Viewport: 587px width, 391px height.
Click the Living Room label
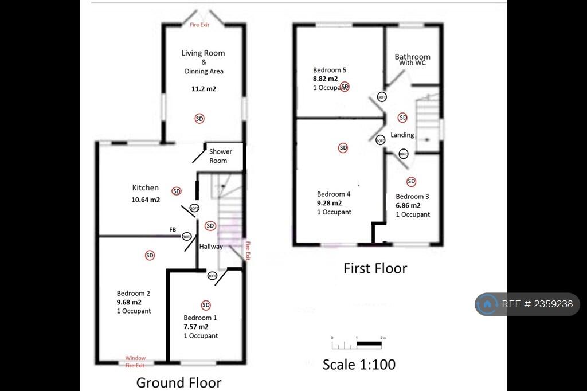pos(203,53)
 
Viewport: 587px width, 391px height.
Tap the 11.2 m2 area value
pos(203,89)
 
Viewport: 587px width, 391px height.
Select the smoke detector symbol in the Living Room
pos(199,119)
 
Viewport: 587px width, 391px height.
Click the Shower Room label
pos(221,156)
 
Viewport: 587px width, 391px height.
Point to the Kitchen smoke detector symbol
pos(176,191)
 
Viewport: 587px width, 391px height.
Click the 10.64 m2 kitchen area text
pos(146,200)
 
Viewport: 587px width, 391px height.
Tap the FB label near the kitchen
pos(173,229)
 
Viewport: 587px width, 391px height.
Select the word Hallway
pos(211,247)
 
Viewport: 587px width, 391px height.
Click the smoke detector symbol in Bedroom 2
pos(150,255)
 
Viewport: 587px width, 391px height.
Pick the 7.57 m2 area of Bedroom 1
pos(195,327)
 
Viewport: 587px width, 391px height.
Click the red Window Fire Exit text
pos(135,361)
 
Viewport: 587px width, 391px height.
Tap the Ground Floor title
pos(178,382)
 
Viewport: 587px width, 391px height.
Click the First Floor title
pos(375,268)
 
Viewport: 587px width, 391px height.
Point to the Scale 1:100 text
pos(359,364)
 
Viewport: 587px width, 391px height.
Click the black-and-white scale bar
pos(357,345)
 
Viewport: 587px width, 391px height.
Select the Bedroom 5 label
pos(329,70)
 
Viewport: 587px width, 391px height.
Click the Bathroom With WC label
pos(412,59)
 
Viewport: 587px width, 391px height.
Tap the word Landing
pos(402,135)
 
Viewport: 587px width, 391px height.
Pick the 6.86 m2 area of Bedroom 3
pos(408,205)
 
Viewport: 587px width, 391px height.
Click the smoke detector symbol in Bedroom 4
pos(343,148)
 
